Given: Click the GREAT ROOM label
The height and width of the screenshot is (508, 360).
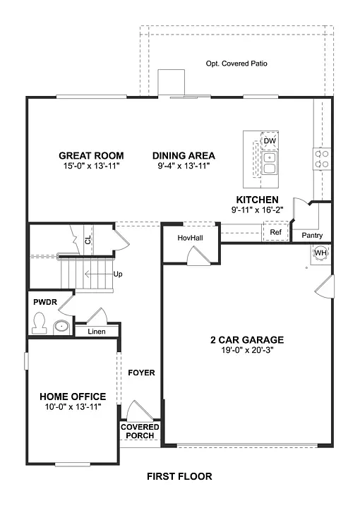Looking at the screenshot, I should [91, 156].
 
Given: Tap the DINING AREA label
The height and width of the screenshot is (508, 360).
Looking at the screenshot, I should [184, 156].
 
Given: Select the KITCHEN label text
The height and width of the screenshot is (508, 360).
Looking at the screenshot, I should [257, 200].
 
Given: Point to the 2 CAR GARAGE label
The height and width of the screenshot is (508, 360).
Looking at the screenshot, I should [246, 339].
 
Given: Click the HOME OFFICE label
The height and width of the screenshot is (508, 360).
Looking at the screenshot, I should [73, 397].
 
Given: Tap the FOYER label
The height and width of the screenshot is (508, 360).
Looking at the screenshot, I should [141, 373].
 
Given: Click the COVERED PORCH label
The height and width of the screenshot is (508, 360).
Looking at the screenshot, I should [140, 431].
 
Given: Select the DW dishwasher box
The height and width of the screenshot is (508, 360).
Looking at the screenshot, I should [269, 141].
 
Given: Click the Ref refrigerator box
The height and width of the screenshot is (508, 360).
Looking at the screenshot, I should [275, 232].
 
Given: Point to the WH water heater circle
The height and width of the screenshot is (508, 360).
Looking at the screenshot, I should [320, 253].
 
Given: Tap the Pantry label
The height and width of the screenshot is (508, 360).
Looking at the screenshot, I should [312, 235].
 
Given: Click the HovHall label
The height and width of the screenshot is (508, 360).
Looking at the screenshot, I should [190, 238].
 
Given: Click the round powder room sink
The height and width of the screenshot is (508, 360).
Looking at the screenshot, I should [62, 326].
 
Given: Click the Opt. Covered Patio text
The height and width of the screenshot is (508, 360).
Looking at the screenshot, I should [236, 64].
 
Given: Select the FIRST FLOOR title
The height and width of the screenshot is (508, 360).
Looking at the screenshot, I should [179, 476].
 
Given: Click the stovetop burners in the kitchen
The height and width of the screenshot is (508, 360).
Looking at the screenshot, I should [322, 159].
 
